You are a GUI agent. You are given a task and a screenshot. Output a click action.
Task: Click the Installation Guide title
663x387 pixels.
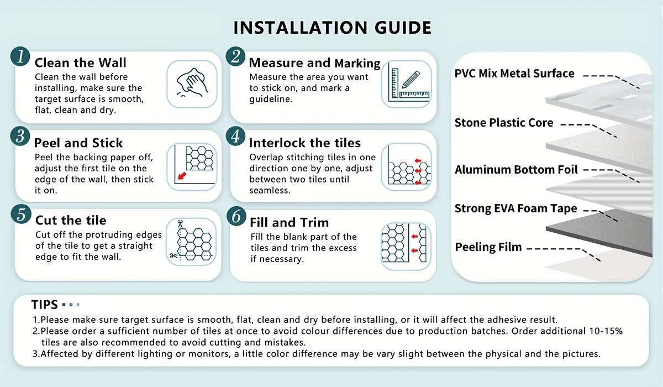(x=333, y=28)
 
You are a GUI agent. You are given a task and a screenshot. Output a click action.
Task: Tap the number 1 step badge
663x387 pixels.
(x=20, y=56)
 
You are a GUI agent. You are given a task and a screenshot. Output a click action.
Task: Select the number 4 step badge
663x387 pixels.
(x=235, y=137)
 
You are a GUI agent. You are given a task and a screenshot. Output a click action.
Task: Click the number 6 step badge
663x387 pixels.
(x=236, y=216)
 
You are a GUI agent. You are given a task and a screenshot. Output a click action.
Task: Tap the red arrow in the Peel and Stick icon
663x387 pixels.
(x=182, y=176)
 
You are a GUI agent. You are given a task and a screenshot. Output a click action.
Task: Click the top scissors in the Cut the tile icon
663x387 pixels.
(x=180, y=223)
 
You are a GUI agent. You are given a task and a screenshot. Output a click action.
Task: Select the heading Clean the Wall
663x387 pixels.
(x=81, y=63)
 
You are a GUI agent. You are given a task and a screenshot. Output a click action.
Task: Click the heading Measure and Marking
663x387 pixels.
(x=314, y=63)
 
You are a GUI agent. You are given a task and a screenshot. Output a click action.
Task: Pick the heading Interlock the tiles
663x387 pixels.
(x=305, y=143)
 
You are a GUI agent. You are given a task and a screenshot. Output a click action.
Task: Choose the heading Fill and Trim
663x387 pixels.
(x=289, y=222)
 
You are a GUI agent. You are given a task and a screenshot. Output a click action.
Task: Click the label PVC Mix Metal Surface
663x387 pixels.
(x=514, y=74)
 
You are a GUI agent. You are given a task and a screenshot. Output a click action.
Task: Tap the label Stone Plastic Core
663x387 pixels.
(x=504, y=123)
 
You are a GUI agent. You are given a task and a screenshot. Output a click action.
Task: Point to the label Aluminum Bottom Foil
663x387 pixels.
(x=516, y=170)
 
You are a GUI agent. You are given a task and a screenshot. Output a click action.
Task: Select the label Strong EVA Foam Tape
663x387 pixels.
(x=516, y=208)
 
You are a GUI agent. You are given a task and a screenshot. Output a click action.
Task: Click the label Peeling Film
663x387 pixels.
(x=488, y=247)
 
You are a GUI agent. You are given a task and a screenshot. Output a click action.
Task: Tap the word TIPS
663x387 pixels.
(x=44, y=305)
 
